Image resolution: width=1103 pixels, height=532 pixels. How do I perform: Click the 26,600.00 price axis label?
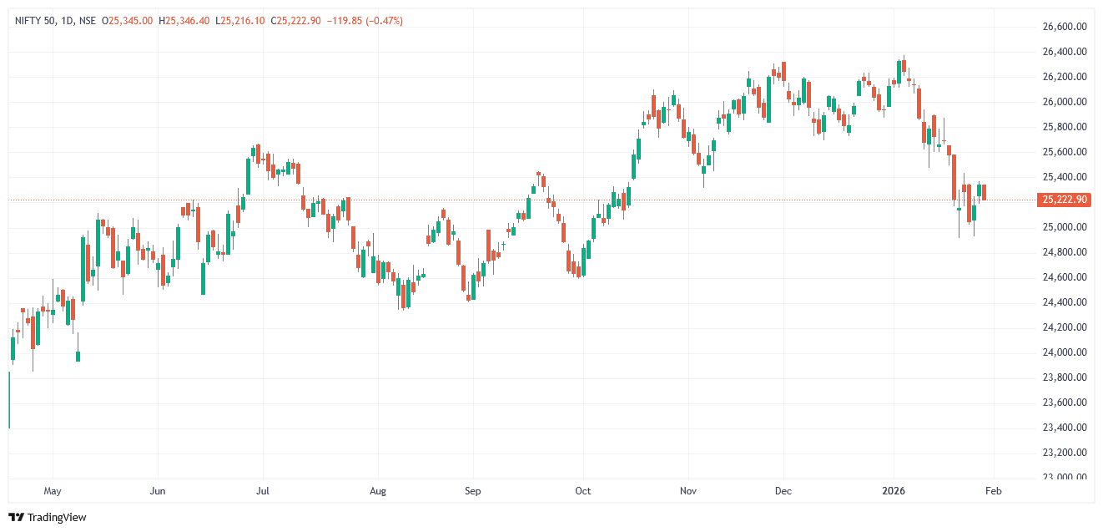(1064, 27)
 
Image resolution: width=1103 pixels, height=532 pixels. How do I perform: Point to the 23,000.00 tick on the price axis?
(1064, 477)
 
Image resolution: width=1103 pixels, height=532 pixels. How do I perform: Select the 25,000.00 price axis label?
(1064, 227)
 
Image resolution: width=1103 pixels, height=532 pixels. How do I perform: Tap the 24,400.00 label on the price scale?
(1064, 302)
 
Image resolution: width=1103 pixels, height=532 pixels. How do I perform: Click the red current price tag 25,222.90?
(1063, 200)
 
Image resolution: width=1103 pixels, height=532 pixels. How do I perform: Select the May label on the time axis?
(53, 491)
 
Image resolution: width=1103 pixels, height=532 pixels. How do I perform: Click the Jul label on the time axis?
(263, 491)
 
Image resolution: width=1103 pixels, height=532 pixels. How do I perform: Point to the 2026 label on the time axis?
(894, 491)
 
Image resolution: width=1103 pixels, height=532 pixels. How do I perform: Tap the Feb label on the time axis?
(993, 491)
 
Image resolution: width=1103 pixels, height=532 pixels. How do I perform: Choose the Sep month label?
(472, 491)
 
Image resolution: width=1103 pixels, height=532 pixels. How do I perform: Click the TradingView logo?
(48, 518)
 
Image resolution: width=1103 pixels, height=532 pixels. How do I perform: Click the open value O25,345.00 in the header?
(128, 21)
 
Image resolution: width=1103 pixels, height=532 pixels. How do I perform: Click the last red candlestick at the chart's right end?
(985, 192)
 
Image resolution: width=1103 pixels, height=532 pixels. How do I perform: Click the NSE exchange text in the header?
(87, 21)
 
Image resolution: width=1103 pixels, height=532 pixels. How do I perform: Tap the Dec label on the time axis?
(783, 491)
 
